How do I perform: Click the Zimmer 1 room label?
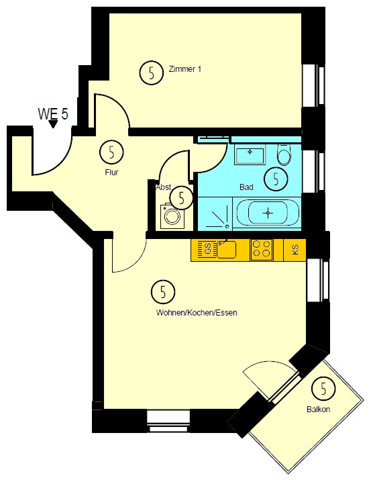(185, 69)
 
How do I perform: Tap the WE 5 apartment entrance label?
(53, 114)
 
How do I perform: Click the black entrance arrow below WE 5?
(53, 124)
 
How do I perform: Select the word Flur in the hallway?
(111, 173)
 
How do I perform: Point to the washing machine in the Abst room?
(173, 215)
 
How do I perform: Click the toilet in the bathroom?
(284, 154)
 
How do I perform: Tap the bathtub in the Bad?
(268, 213)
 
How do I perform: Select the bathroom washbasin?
(250, 156)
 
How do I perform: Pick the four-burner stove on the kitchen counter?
(262, 250)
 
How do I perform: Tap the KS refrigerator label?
(295, 250)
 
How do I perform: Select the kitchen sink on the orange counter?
(226, 249)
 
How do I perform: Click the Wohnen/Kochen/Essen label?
(197, 313)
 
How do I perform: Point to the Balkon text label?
(319, 410)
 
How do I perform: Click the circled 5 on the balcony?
(323, 389)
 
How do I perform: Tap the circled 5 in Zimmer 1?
(152, 73)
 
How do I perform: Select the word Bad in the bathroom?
(246, 187)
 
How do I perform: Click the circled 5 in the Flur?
(111, 152)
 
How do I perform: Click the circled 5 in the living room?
(163, 292)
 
